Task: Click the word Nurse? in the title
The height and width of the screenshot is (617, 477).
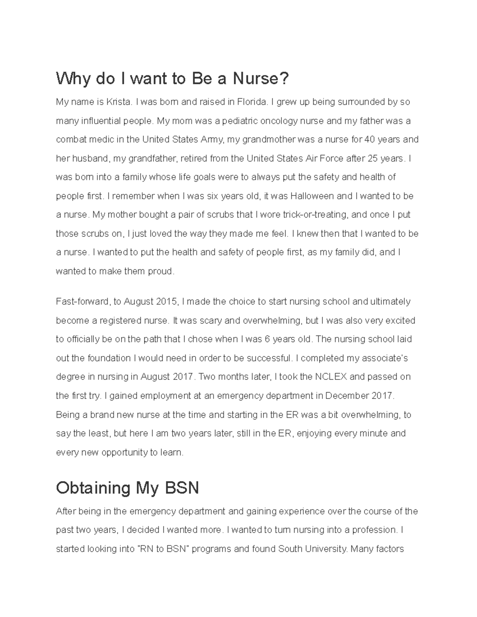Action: coord(261,79)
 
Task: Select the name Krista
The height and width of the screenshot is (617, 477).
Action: coord(118,102)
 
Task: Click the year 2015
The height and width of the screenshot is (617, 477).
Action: coord(167,302)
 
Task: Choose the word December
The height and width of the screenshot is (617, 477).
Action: coord(347,396)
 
